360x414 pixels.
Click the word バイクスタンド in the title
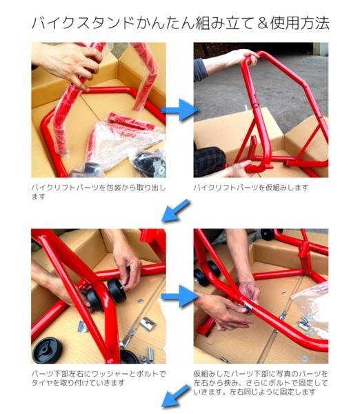[83, 23]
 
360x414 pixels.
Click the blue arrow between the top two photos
[180, 110]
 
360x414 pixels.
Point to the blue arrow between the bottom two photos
[180, 296]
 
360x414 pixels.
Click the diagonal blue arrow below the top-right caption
[175, 210]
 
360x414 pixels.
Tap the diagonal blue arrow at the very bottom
[175, 396]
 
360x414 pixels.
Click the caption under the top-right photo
[251, 188]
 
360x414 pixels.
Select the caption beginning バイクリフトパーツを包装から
[99, 192]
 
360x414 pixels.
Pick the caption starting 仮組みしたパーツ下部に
[261, 382]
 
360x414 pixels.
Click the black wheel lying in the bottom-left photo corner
[47, 350]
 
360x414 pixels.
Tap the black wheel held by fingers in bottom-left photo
[117, 290]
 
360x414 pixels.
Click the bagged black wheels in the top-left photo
[150, 164]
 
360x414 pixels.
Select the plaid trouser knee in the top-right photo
[210, 161]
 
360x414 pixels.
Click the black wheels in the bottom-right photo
[207, 273]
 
